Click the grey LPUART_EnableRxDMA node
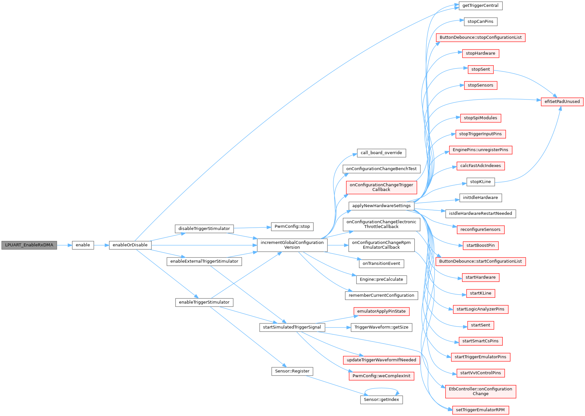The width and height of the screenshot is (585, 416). [x=29, y=245]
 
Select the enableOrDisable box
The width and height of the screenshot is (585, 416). [x=130, y=245]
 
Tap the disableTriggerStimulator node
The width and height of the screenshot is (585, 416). [x=204, y=229]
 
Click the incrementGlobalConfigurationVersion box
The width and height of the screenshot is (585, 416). [x=292, y=245]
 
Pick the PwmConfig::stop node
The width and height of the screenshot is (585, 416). [x=292, y=226]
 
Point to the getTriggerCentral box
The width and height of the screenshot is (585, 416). [x=480, y=5]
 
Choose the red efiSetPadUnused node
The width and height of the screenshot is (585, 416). [x=562, y=101]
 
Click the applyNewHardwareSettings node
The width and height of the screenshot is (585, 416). [x=381, y=206]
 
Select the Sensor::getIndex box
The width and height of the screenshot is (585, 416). [x=381, y=400]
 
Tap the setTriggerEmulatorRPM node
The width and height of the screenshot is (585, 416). [x=480, y=410]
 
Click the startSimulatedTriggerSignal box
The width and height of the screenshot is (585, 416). [x=292, y=327]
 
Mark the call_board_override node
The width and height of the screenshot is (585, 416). [x=381, y=153]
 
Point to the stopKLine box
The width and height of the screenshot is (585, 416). [x=480, y=182]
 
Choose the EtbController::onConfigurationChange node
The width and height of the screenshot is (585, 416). [x=480, y=391]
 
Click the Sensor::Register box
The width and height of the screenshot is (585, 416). [x=292, y=371]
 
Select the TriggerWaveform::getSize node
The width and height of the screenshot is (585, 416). [x=381, y=327]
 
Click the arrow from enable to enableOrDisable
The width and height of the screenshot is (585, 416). [x=101, y=245]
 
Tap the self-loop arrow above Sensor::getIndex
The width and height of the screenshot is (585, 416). [x=381, y=389]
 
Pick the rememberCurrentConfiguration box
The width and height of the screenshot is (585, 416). [x=381, y=295]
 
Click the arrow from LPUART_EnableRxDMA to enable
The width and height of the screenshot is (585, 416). [x=64, y=245]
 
